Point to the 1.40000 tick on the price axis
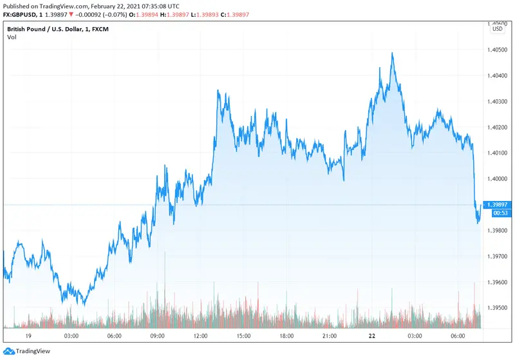click(x=498, y=179)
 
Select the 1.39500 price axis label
click(x=498, y=308)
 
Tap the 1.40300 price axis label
click(x=498, y=102)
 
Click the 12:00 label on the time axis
click(x=200, y=336)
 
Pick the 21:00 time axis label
click(x=330, y=336)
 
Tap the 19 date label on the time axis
click(x=28, y=336)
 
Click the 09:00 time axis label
click(x=158, y=336)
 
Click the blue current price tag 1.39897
click(x=498, y=204)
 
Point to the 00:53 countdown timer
click(x=499, y=213)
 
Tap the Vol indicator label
click(x=12, y=37)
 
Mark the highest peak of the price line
click(x=392, y=53)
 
